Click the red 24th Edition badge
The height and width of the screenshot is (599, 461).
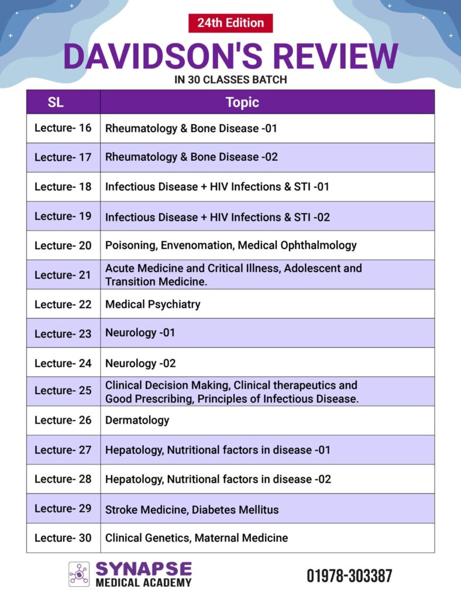230,23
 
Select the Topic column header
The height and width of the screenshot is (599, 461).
242,102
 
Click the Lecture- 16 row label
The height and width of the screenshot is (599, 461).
63,128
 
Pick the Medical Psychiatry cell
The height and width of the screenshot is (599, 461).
153,304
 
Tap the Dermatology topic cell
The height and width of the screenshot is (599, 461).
137,420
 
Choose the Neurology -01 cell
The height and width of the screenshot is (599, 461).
140,333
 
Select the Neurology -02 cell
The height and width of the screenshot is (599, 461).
140,363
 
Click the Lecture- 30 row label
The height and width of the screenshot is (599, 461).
63,538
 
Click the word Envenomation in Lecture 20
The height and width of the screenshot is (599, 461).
192,245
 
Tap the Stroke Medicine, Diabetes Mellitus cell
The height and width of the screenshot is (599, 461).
192,509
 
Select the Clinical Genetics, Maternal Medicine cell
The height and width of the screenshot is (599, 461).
197,538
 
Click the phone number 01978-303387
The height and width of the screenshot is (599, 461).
349,576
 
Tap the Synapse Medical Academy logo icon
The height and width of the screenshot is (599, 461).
79,574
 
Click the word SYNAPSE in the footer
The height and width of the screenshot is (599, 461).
143,569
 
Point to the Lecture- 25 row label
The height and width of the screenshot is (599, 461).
63,391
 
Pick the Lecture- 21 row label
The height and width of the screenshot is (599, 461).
63,274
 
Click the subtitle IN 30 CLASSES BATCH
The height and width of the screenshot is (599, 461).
230,80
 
